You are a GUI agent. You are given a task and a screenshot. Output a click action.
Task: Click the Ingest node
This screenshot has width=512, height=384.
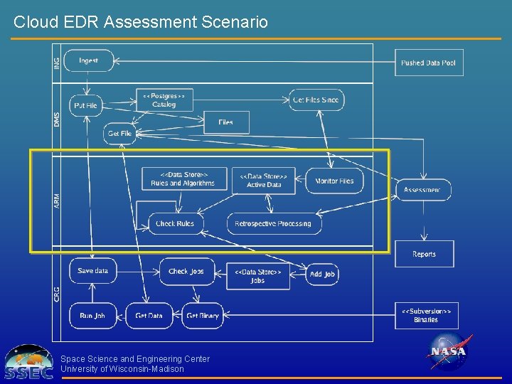click(x=89, y=61)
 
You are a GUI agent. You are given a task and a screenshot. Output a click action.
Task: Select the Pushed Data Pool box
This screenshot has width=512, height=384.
click(x=429, y=63)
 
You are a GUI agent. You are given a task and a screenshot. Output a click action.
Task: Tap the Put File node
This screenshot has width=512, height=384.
click(x=85, y=105)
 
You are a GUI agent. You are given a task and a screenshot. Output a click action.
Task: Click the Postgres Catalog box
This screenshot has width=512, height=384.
click(x=164, y=100)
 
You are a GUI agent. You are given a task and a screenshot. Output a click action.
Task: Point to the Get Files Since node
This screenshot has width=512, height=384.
click(x=316, y=100)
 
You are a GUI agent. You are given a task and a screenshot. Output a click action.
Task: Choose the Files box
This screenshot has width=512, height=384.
click(x=226, y=122)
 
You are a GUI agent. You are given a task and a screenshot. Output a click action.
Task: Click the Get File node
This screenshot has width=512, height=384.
click(x=119, y=134)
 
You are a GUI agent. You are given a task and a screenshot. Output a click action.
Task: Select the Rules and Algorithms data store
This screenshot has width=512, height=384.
click(x=183, y=179)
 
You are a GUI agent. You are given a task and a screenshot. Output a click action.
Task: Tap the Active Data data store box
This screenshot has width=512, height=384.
click(x=264, y=181)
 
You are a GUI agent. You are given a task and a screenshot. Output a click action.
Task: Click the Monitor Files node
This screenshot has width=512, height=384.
click(x=334, y=181)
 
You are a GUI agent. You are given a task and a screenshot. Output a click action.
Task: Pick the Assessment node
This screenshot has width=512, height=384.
click(x=422, y=189)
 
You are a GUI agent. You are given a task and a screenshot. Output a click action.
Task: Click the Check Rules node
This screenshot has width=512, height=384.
click(x=175, y=223)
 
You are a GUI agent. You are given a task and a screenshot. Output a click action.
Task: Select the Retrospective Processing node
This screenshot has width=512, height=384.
click(x=274, y=223)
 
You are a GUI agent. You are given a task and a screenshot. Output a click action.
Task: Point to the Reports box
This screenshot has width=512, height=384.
click(x=425, y=254)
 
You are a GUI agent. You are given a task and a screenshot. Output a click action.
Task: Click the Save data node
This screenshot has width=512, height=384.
click(x=93, y=271)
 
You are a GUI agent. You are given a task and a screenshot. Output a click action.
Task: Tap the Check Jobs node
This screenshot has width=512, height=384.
click(x=186, y=272)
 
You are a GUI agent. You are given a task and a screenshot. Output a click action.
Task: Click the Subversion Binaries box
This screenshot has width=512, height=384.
click(x=425, y=315)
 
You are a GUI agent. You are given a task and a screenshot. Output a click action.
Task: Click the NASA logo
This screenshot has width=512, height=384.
click(x=448, y=351)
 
